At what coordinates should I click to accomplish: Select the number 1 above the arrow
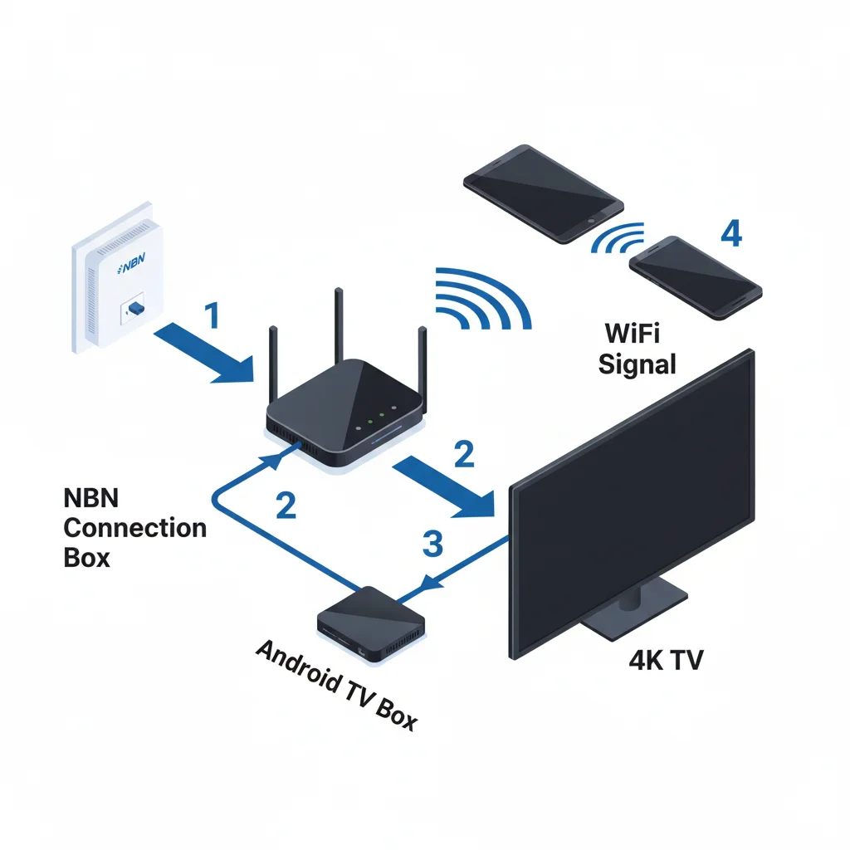212,316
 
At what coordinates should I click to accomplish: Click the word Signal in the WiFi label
637,363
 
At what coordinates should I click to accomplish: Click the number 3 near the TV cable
432,544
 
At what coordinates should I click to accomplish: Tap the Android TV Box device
371,623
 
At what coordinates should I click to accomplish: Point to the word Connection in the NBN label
134,527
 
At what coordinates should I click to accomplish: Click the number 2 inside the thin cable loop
286,505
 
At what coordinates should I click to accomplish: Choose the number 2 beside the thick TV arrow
464,452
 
